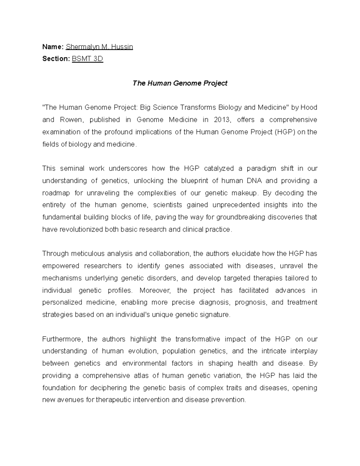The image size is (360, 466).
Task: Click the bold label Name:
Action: [x=53, y=47]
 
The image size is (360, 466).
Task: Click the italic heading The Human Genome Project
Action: [x=180, y=83]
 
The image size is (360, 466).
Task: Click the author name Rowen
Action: [x=70, y=120]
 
